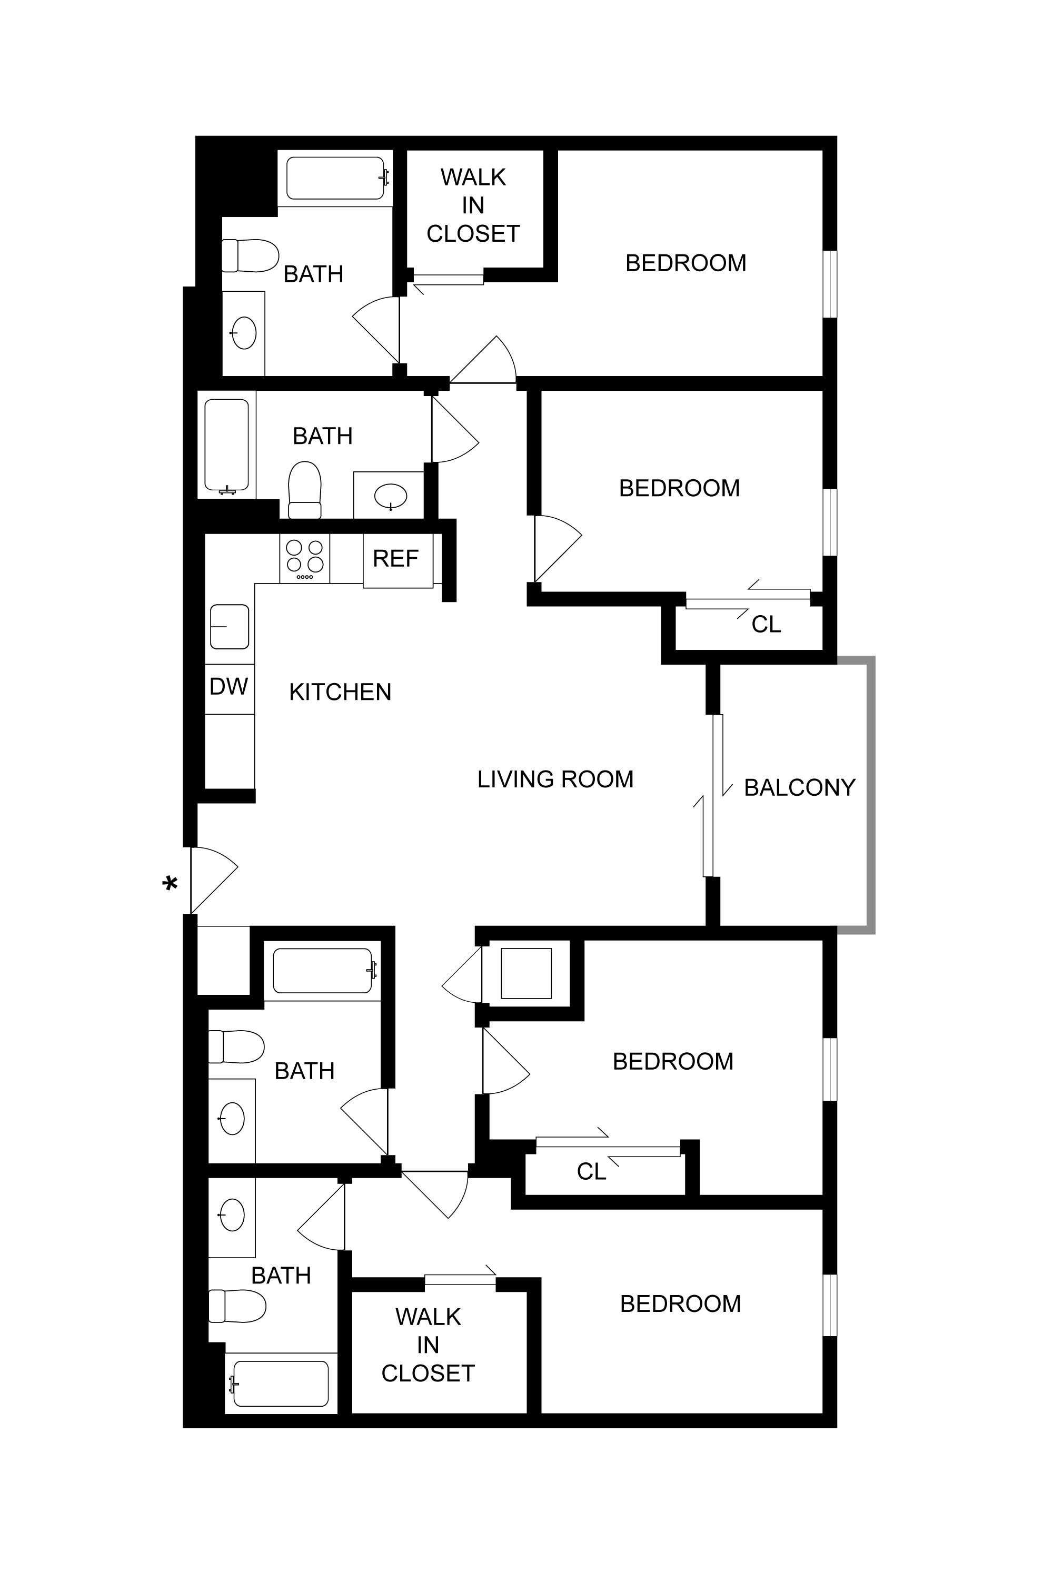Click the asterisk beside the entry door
171,884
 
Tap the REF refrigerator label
395,559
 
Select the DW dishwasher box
229,687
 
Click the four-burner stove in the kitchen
305,559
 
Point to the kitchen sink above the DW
230,626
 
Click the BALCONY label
799,787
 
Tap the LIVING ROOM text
555,779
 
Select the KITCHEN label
340,692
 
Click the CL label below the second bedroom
766,625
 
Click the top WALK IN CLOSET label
473,205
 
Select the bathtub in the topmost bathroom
335,179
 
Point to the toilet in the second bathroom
305,490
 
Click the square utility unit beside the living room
526,973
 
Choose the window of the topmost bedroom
830,283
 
